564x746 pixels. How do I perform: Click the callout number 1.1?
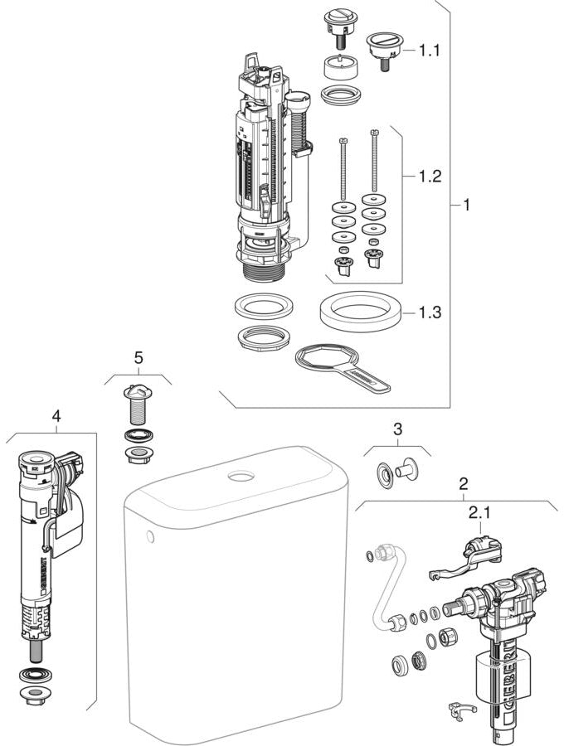click(x=430, y=51)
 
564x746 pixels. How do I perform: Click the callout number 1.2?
click(x=430, y=177)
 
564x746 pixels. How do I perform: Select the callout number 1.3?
click(x=430, y=312)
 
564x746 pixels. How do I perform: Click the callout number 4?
click(x=56, y=416)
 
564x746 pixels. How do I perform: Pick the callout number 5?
click(x=138, y=357)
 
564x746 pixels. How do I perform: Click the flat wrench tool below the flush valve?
click(x=340, y=366)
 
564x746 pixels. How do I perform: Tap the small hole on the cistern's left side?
click(x=150, y=540)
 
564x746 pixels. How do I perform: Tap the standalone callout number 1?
click(x=465, y=204)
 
